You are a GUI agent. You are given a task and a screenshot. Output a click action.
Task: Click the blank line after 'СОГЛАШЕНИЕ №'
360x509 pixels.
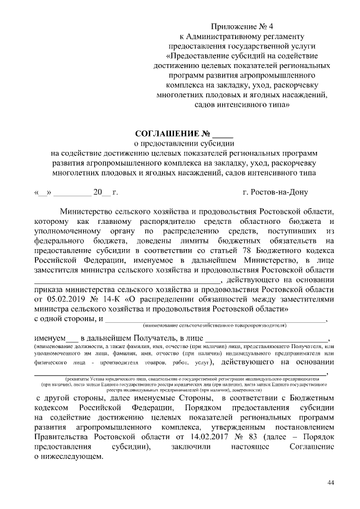(222, 136)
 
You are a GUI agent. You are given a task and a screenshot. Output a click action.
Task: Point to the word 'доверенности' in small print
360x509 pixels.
(244, 389)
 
